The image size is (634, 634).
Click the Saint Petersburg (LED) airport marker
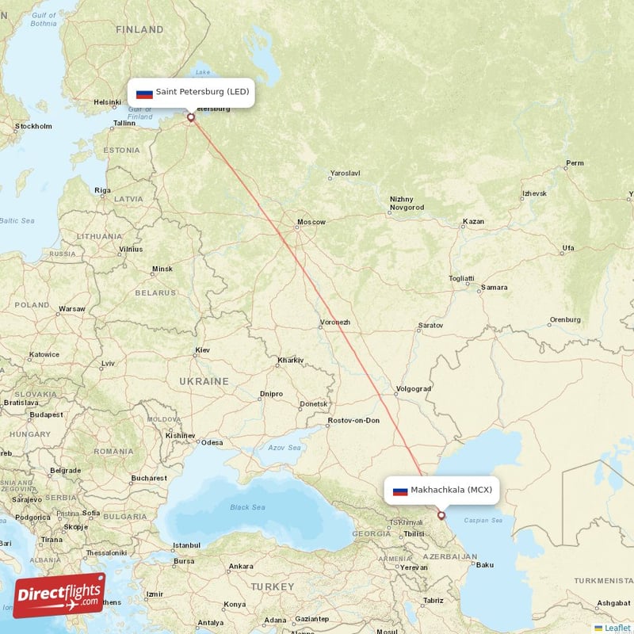point(191,117)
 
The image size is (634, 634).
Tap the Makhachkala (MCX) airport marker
point(441,515)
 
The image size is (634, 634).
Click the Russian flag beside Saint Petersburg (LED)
point(144,93)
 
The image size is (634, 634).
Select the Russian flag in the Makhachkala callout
point(400,491)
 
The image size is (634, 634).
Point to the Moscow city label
point(311,222)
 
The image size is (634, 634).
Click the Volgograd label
point(413,389)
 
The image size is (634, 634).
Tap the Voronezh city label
point(334,323)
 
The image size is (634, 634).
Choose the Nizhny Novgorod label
point(407,204)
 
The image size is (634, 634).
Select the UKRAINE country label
point(204,381)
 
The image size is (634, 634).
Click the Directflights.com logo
point(59,595)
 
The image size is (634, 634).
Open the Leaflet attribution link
point(617,628)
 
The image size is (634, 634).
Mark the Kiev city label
point(202,349)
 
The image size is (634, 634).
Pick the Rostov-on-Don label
point(354,420)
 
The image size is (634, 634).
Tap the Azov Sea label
point(285,448)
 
